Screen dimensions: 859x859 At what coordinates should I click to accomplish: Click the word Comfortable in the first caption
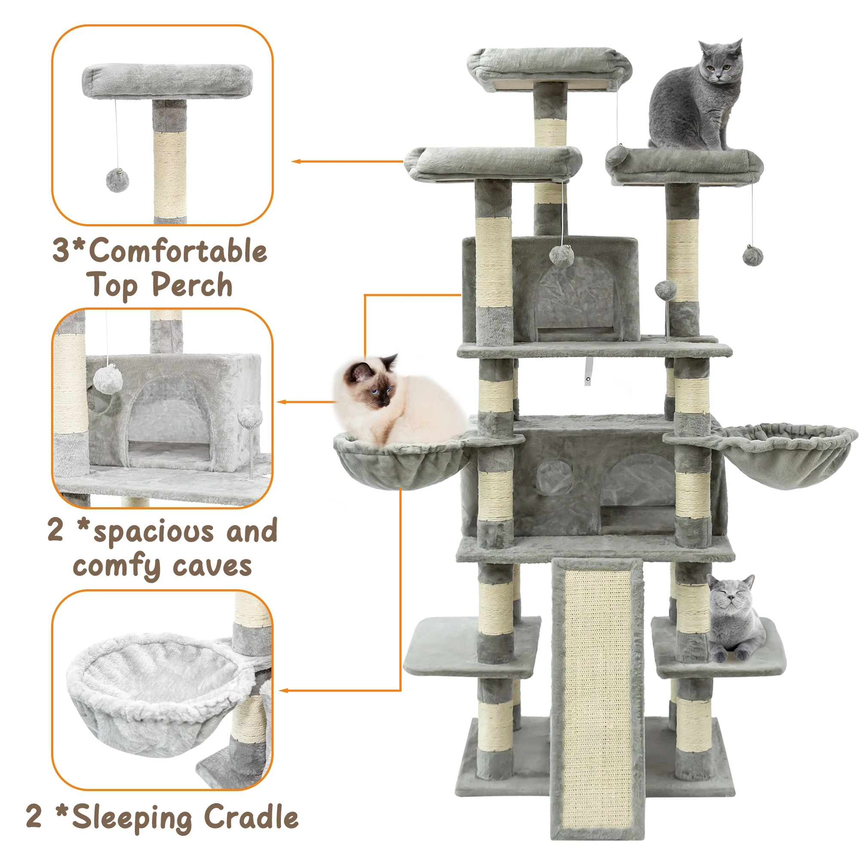178,251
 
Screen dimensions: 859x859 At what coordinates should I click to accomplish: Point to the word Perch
192,285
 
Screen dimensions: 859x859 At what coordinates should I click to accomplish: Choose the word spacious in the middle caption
154,532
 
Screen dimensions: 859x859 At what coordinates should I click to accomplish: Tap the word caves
213,566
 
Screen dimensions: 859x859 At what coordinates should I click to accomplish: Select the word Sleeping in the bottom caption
131,818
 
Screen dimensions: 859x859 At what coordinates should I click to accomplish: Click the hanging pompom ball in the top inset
117,180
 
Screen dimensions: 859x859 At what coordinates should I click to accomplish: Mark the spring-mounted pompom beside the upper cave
666,291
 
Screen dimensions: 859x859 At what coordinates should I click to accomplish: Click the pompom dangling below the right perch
752,256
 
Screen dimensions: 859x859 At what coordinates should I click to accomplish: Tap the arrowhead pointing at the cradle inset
283,691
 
